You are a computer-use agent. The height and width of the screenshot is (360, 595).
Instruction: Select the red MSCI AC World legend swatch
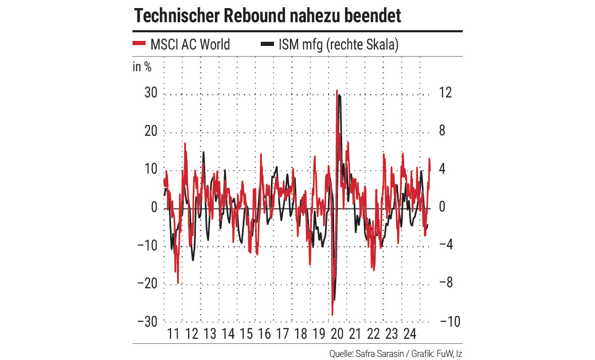coord(139,44)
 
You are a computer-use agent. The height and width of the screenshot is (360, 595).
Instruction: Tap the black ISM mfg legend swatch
coord(267,44)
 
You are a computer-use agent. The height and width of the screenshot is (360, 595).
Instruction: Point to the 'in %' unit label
coord(142,67)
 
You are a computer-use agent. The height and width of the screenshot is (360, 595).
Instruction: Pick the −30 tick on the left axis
coord(147,322)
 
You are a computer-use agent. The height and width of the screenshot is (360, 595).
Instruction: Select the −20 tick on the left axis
coord(147,284)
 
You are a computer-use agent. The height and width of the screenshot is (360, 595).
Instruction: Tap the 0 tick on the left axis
coord(154,208)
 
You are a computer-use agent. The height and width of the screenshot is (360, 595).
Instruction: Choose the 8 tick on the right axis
coord(442,132)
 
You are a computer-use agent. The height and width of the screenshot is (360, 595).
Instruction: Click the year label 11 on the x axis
coord(173,334)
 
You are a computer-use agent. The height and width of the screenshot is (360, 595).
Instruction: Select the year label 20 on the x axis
coord(337,334)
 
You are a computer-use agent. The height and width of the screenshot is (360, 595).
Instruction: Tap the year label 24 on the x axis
coord(409,334)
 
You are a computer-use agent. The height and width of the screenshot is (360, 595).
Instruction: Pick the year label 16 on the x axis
coord(264,334)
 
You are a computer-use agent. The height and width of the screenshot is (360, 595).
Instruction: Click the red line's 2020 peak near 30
coord(337,91)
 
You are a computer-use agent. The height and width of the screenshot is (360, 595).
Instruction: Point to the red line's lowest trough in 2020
coord(332,315)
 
